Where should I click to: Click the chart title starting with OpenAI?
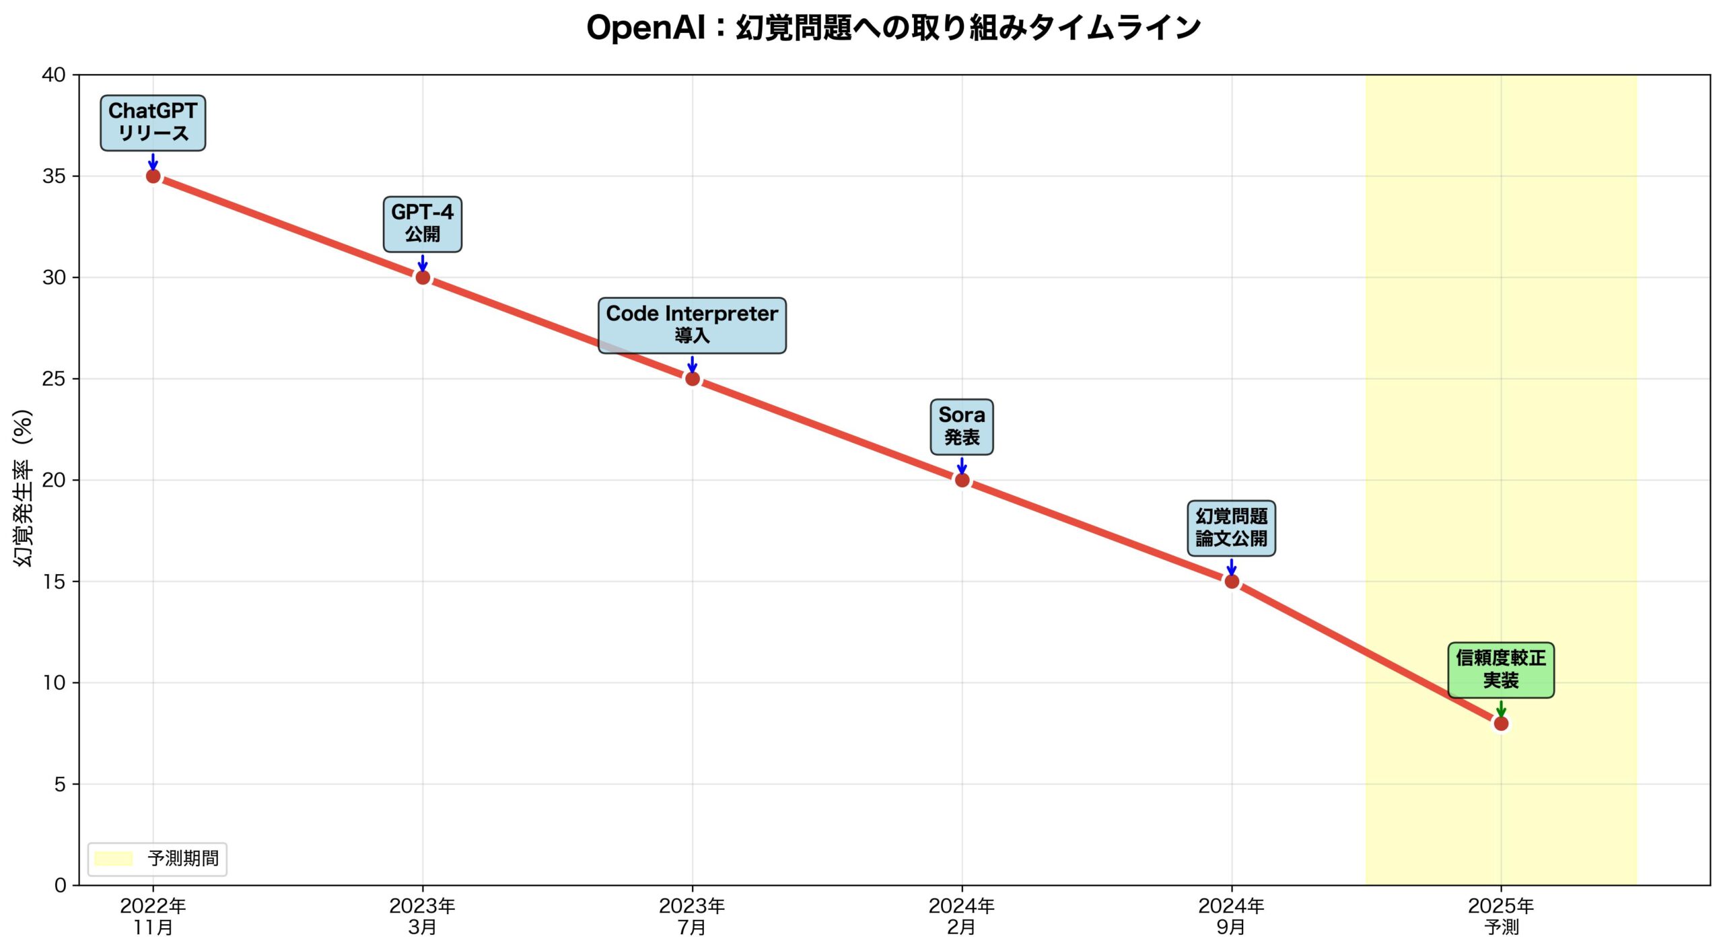coord(893,28)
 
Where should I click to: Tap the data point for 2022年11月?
coord(153,176)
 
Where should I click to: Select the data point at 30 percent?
coord(423,277)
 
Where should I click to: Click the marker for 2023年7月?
coord(693,379)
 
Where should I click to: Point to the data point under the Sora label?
coord(962,480)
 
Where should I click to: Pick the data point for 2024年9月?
coord(1232,582)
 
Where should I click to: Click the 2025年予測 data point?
coord(1501,724)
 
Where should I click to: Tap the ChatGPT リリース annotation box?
coord(153,122)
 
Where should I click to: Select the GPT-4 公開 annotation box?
coord(423,224)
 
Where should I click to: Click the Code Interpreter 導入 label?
coord(692,325)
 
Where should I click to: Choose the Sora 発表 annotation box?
coord(962,427)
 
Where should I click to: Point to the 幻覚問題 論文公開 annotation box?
coord(1232,528)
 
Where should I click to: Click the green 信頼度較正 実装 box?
coord(1501,670)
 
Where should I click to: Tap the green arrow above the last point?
coord(1501,709)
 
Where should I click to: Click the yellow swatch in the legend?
coord(113,859)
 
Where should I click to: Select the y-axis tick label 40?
coord(54,75)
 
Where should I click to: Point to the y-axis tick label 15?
coord(54,582)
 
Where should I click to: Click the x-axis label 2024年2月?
coord(962,917)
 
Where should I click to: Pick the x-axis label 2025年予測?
coord(1501,917)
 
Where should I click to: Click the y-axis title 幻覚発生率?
coord(23,488)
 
